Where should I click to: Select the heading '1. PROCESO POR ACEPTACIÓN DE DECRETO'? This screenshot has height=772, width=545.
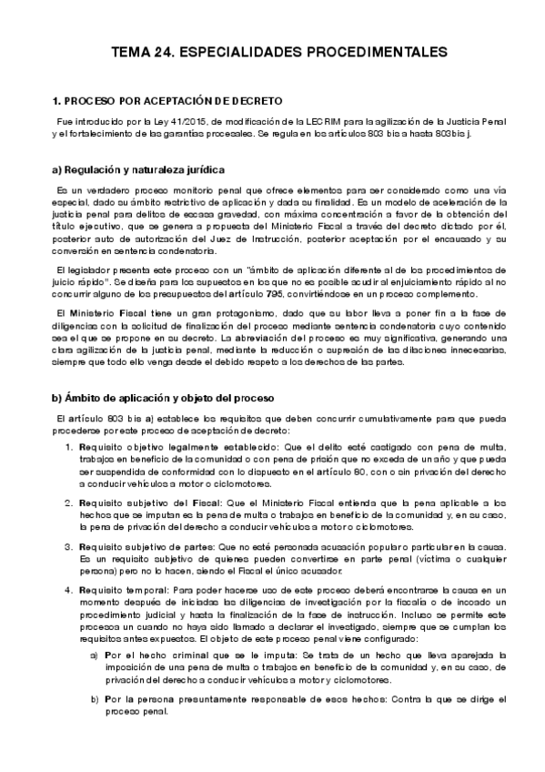pos(167,100)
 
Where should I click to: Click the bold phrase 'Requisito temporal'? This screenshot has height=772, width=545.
pos(120,589)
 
